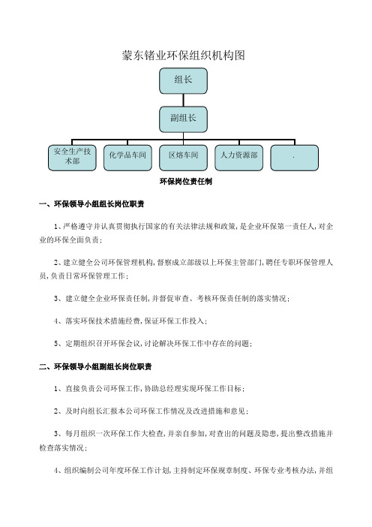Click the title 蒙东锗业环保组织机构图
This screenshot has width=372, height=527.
tap(183, 56)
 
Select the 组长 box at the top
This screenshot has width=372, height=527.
tap(183, 81)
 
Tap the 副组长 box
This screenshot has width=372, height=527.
tap(183, 119)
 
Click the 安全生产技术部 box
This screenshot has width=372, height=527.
tap(72, 158)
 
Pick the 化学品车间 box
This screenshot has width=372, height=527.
tap(127, 158)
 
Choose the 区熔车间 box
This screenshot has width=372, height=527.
tap(183, 158)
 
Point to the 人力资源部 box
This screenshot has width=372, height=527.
tap(238, 158)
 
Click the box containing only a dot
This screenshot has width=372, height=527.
tap(295, 158)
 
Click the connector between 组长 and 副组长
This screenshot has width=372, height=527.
tap(183, 101)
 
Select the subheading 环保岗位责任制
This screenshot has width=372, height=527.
tap(186, 182)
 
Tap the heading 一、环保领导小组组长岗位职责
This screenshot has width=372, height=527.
tap(91, 204)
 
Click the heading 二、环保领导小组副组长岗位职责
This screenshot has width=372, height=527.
tap(95, 366)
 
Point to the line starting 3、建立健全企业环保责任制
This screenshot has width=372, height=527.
tap(172, 299)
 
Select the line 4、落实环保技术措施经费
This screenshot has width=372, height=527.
tap(130, 321)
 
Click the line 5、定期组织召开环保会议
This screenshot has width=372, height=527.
tap(153, 344)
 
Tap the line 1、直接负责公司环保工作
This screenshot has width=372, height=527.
tap(149, 389)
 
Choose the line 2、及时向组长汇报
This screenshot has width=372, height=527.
tap(151, 411)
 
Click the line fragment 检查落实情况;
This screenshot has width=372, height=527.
tap(63, 448)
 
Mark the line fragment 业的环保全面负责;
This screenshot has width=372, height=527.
tap(70, 240)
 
